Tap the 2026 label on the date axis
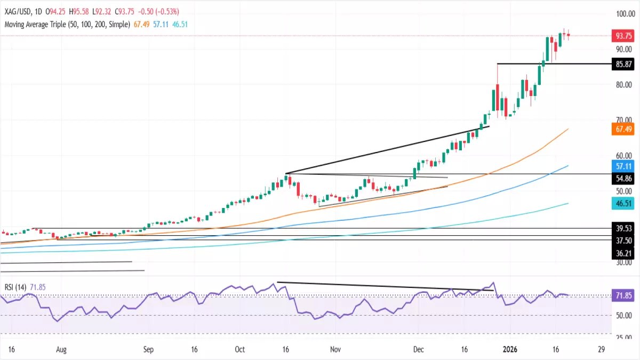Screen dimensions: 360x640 (510, 350)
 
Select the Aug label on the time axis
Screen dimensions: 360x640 (61, 350)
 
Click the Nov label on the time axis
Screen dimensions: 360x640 (335, 350)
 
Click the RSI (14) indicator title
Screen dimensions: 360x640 (16, 287)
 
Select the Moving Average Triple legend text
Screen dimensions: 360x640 (67, 24)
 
